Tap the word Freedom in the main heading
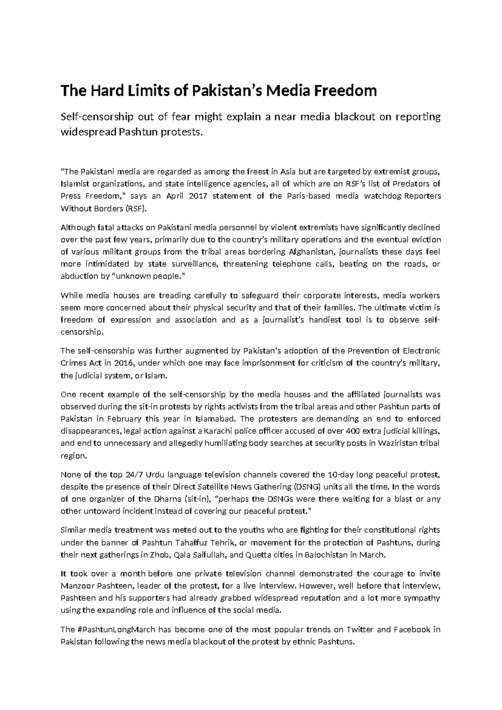coord(351,90)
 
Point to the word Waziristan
coord(400,443)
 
